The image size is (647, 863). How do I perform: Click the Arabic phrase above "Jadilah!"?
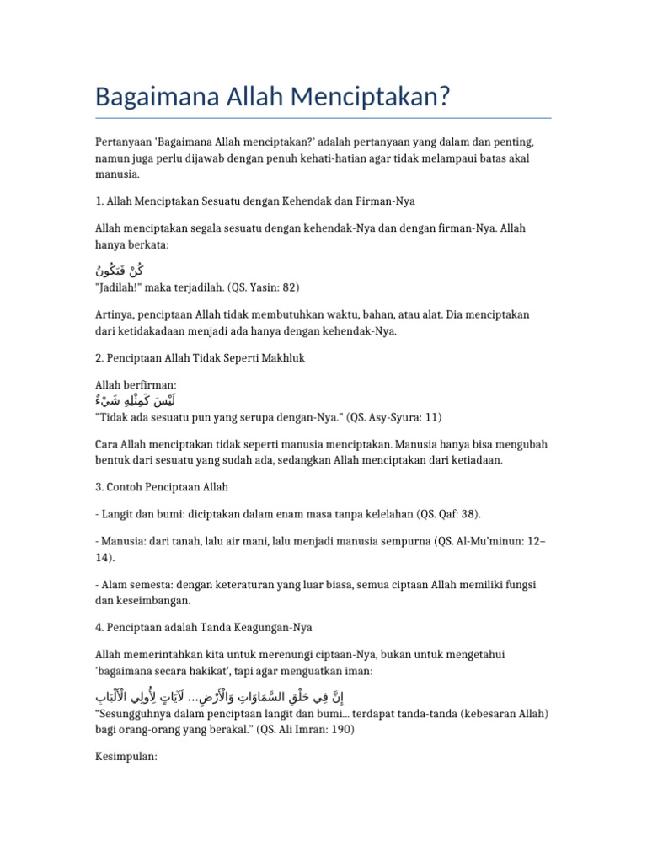(x=120, y=271)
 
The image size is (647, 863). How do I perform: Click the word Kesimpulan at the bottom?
(x=126, y=757)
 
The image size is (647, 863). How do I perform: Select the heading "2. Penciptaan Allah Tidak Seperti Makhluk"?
(x=200, y=358)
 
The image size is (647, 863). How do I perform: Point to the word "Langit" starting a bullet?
(x=117, y=514)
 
